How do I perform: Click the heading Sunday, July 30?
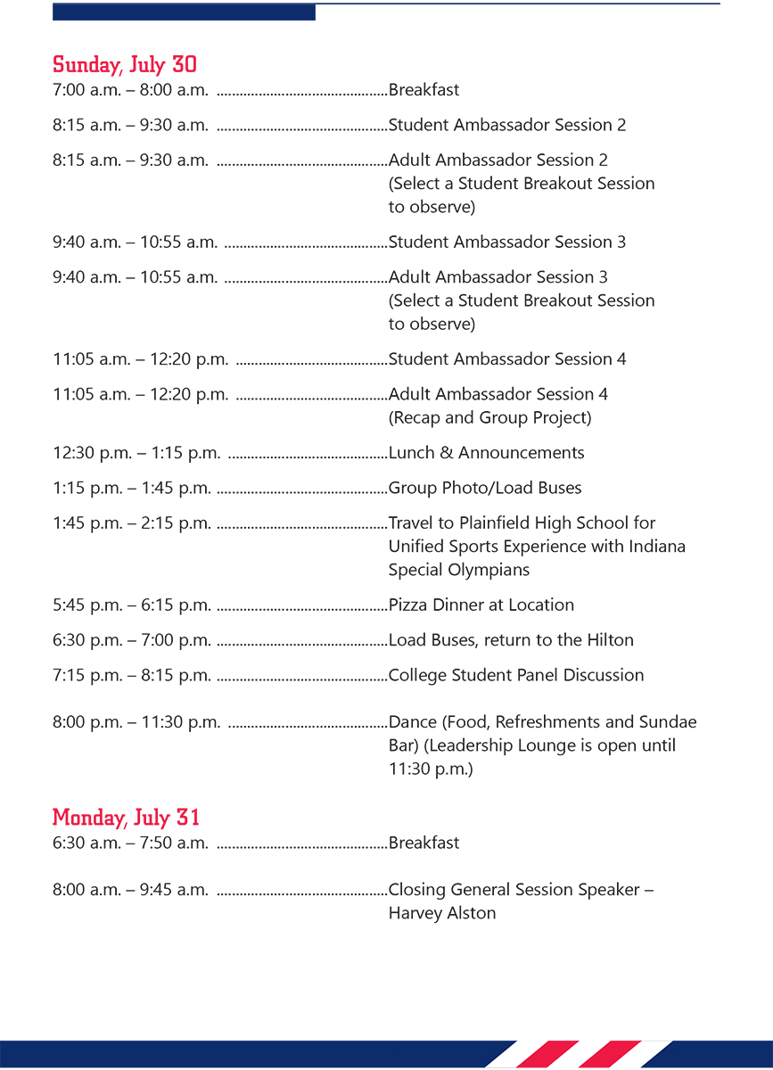125,65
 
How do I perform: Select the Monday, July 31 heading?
126,818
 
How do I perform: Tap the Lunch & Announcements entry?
486,453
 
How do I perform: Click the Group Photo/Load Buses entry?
485,488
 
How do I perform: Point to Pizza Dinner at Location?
481,605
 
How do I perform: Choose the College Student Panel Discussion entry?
516,675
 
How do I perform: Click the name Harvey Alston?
442,913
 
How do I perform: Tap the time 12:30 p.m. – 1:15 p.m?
136,453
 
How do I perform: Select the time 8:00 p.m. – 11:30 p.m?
136,722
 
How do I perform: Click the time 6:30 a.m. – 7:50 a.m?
130,843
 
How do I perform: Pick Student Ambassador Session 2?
507,125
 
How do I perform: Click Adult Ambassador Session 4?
498,394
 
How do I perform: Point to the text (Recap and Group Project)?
489,417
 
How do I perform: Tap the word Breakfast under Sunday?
424,90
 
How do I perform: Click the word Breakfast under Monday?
424,843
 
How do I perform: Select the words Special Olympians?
459,570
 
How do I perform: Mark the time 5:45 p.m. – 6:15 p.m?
132,605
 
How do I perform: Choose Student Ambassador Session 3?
507,242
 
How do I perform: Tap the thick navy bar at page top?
184,12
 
